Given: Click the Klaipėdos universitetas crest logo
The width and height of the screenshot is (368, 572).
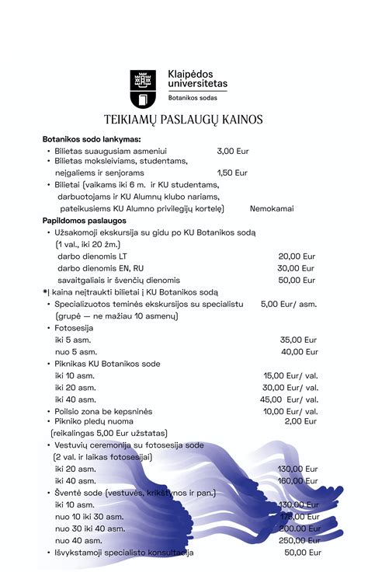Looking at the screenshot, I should tap(144, 88).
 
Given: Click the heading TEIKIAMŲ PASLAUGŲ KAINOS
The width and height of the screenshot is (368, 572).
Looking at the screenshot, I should tap(183, 120).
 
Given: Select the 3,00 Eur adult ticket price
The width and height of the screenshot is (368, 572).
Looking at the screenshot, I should tap(232, 152).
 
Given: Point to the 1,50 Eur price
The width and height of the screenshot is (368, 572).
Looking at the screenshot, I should tap(232, 173).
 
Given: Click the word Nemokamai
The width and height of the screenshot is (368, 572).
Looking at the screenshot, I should tap(272, 209).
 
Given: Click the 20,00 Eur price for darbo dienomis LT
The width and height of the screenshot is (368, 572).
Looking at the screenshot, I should tap(297, 256).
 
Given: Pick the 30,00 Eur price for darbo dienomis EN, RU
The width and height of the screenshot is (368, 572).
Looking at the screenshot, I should tap(297, 268).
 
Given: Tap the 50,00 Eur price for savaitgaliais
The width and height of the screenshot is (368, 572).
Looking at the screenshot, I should tap(297, 280).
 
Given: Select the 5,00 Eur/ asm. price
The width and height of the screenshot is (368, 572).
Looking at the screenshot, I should tap(289, 304).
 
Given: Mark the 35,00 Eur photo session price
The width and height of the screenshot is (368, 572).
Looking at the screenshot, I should tap(298, 340).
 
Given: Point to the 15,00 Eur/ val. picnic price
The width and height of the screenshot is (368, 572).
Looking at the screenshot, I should tap(291, 375).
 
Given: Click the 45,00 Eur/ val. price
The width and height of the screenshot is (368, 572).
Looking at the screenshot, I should tap(291, 399).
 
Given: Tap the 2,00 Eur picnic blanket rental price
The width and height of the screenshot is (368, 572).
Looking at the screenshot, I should tap(300, 421).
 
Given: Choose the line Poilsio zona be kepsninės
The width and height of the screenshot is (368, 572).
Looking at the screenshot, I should tap(103, 411).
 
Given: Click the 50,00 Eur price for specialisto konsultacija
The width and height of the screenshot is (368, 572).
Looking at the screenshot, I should tap(302, 553).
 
